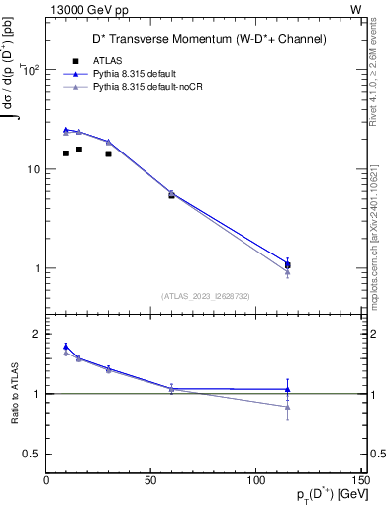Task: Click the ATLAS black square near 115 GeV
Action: (x=287, y=265)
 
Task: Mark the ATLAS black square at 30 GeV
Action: (x=108, y=153)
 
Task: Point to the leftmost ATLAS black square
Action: (x=66, y=153)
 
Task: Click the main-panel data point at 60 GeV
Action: (x=171, y=194)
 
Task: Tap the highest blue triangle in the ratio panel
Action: (x=66, y=347)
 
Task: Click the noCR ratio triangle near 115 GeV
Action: (x=287, y=407)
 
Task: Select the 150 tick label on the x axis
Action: (x=359, y=480)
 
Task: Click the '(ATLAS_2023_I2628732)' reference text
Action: (x=206, y=296)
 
